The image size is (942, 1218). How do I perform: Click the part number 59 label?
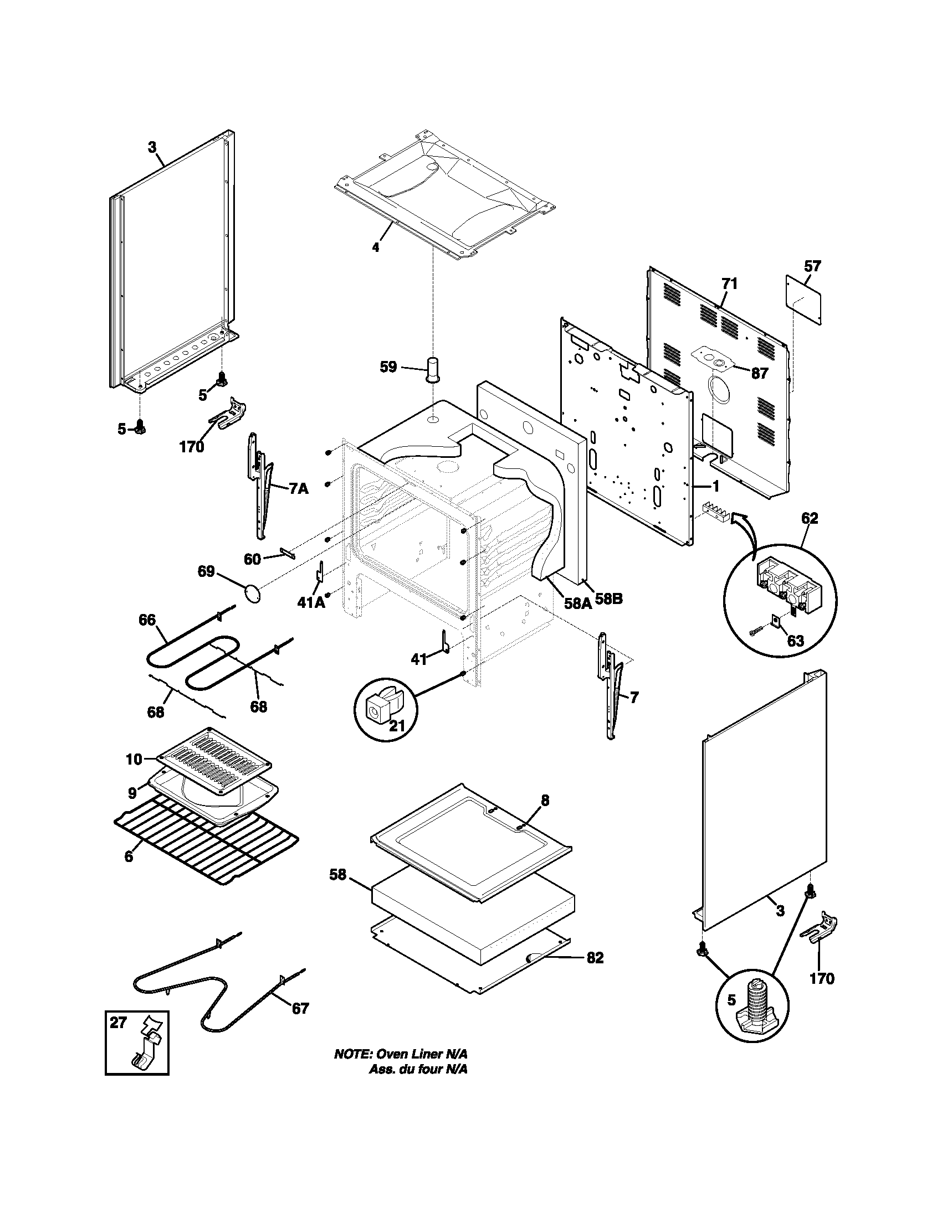point(388,367)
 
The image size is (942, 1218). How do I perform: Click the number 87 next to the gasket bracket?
point(760,373)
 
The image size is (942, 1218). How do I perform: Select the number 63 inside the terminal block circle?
point(795,640)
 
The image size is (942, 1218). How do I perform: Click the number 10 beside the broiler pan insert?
point(134,758)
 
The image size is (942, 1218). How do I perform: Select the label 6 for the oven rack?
point(129,856)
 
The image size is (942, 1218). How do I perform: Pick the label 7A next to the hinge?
point(299,488)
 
